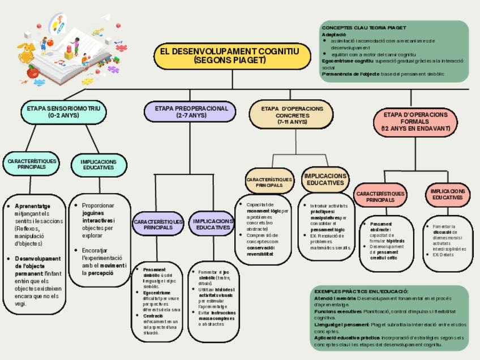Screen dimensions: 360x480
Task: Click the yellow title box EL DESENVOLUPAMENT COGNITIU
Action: pyautogui.click(x=232, y=55)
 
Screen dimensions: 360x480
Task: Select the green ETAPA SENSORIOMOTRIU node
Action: pyautogui.click(x=63, y=112)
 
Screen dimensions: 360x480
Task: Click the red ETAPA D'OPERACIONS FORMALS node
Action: pyautogui.click(x=415, y=122)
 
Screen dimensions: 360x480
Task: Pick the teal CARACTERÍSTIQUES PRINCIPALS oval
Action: pyautogui.click(x=32, y=164)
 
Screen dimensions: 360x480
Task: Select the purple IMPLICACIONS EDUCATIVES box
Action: pyautogui.click(x=213, y=224)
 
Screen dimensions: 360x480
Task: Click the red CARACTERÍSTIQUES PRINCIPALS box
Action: pyautogui.click(x=380, y=196)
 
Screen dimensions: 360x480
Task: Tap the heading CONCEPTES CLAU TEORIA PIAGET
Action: pyautogui.click(x=364, y=28)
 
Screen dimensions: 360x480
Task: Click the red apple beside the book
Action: pyautogui.click(x=33, y=72)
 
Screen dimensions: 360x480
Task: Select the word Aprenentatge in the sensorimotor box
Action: pyautogui.click(x=32, y=206)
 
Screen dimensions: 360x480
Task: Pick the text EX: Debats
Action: pyautogui.click(x=444, y=255)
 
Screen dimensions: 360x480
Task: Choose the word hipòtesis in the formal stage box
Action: pyautogui.click(x=396, y=241)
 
